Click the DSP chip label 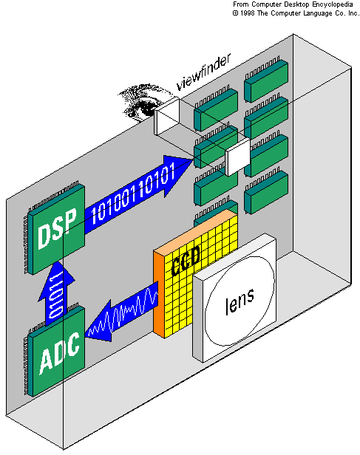pos(57,228)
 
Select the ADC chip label pos(60,353)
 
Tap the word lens pos(240,301)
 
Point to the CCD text pos(186,261)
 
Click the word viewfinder pos(204,72)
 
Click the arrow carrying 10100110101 pos(139,195)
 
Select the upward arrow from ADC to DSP pos(56,293)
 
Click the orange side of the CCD pos(159,293)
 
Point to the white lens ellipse pos(240,301)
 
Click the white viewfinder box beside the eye pos(167,117)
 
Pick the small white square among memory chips pos(238,157)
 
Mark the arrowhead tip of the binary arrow pos(194,159)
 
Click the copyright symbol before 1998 pos(235,13)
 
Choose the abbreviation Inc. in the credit pos(353,13)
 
